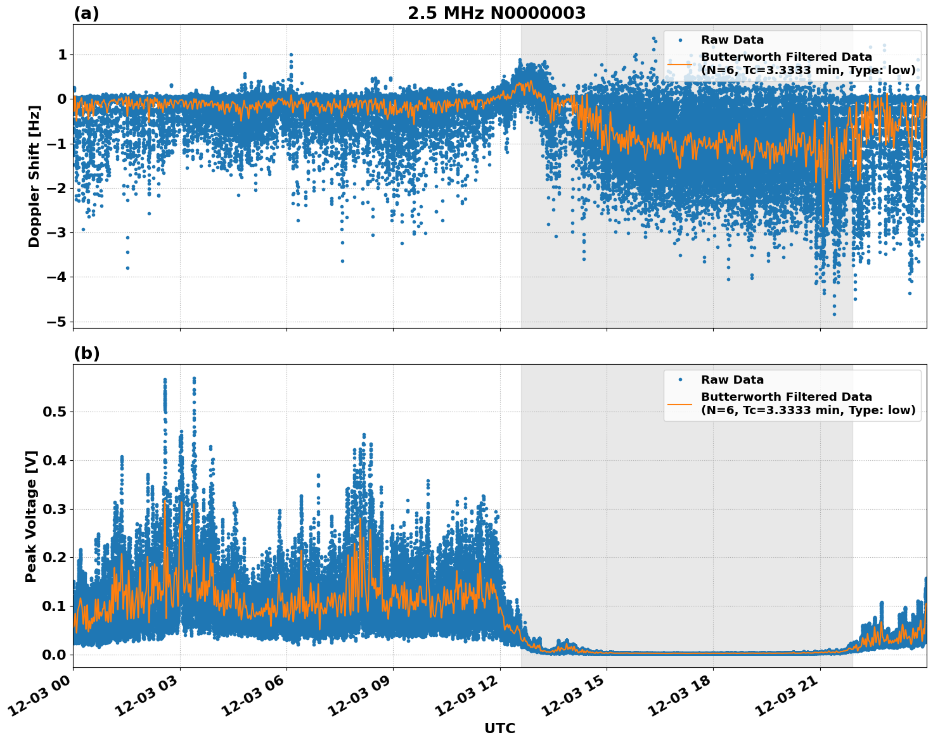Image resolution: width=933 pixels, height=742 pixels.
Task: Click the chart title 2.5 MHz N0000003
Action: (x=496, y=13)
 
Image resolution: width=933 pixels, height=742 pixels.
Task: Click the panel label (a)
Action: (x=86, y=13)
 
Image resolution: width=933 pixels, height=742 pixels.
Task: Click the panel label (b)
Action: (x=86, y=353)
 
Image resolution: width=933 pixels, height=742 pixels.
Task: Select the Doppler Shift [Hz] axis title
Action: (x=34, y=176)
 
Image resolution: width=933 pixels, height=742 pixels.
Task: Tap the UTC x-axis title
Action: (x=499, y=728)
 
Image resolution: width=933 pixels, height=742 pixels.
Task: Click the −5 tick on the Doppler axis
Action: (x=56, y=322)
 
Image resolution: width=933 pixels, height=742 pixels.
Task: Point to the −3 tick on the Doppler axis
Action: (x=56, y=232)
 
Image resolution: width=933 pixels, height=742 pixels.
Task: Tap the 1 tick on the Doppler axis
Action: (x=62, y=55)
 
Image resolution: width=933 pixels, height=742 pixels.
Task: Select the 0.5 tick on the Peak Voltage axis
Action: (x=54, y=412)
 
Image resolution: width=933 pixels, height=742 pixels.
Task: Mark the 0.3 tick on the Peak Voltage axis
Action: (x=54, y=509)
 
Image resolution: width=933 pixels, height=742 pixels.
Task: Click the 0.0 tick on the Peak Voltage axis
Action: (x=54, y=655)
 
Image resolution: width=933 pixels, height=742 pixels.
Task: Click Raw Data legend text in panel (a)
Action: (x=732, y=40)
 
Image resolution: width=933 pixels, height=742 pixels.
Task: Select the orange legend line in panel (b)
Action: (x=679, y=403)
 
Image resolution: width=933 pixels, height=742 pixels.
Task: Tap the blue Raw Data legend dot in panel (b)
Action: (x=679, y=380)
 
